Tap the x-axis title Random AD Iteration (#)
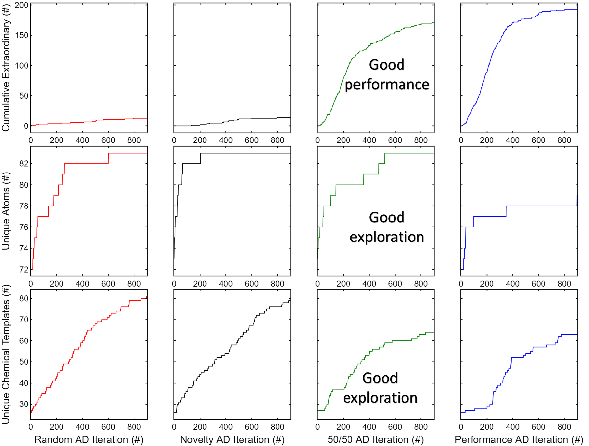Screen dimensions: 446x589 89,439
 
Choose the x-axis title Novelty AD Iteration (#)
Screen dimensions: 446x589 232,439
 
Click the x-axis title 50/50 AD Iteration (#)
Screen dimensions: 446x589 375,439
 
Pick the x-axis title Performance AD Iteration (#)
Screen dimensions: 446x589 519,439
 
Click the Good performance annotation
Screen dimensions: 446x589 386,74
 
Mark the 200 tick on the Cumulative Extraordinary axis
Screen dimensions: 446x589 22,5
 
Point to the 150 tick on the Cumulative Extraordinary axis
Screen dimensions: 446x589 22,35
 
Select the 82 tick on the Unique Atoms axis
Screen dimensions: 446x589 24,164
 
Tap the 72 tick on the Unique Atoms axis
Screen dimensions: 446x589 24,270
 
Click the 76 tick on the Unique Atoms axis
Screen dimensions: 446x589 24,227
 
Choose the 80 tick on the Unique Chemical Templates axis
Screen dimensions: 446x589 24,298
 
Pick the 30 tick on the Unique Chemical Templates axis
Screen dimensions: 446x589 24,404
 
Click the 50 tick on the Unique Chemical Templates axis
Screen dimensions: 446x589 24,362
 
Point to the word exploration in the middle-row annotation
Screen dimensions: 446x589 387,237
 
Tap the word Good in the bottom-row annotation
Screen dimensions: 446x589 380,378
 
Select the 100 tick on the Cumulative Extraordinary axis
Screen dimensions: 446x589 22,66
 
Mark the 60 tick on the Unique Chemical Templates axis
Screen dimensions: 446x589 24,341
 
